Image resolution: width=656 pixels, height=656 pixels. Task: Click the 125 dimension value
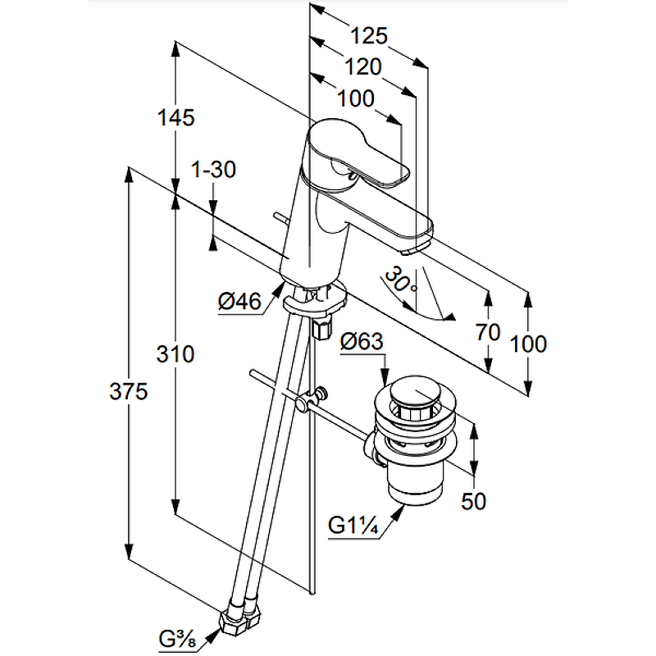click(368, 36)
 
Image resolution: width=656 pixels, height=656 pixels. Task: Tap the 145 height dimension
click(175, 118)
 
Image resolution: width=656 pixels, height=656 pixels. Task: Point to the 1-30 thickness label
click(213, 171)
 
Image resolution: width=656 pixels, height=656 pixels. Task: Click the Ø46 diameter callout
click(239, 302)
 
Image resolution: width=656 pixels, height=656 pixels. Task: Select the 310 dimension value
click(175, 355)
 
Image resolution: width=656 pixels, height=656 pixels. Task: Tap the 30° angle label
click(403, 281)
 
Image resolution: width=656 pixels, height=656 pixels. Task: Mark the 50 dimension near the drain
click(473, 501)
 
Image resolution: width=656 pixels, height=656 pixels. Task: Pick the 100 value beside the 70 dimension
click(528, 344)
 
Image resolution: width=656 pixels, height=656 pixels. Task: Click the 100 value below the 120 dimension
click(355, 98)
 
